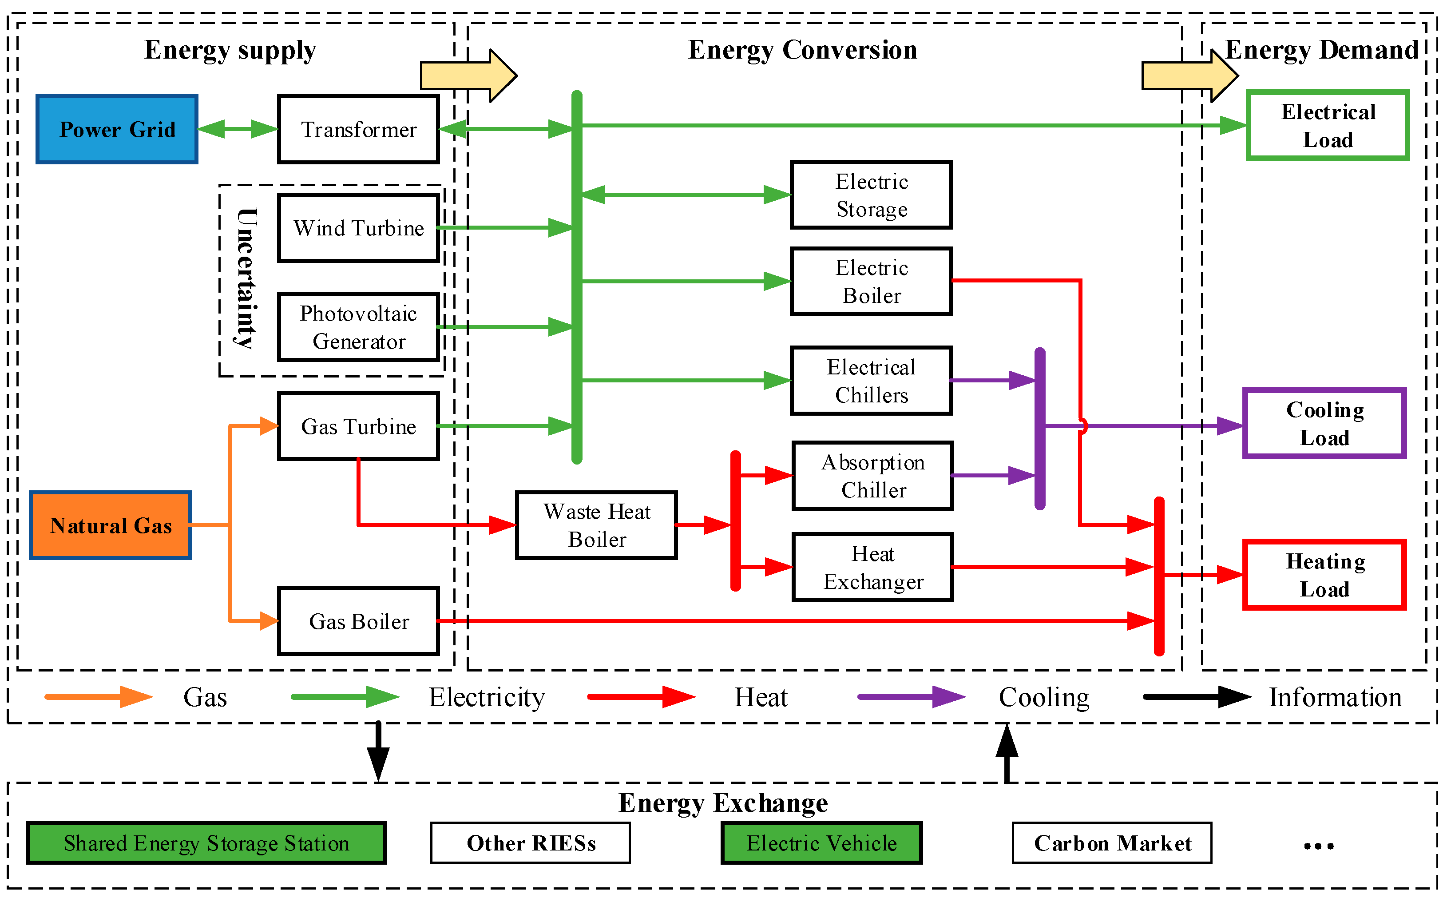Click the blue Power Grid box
point(117,129)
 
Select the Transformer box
point(358,129)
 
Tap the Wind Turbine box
point(358,228)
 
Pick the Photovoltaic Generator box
point(358,327)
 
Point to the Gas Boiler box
point(358,621)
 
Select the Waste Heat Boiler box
point(596,525)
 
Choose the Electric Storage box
point(871,195)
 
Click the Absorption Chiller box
point(872,476)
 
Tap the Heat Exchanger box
point(872,567)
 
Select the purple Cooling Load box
point(1324,424)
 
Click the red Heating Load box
point(1324,575)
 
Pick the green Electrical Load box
point(1328,125)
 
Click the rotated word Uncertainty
point(246,278)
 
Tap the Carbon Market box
point(1112,843)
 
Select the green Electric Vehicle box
point(821,843)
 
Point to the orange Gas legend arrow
point(99,697)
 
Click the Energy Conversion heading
point(802,50)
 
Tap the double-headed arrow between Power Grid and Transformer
point(238,129)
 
